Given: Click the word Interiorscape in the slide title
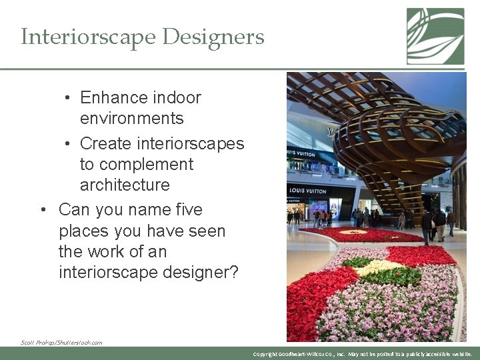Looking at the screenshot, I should click(x=83, y=37).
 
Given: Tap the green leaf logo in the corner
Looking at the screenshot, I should click(x=435, y=36).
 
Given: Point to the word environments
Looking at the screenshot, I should click(x=131, y=118).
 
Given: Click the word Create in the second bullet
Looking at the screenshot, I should click(x=106, y=143).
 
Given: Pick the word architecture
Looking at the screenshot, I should click(x=125, y=185).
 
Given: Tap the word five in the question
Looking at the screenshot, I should click(x=186, y=210).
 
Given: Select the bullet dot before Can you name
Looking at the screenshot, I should click(x=43, y=210).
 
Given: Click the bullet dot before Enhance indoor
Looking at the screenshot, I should click(x=69, y=97).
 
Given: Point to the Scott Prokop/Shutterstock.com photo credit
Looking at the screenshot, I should click(x=61, y=342).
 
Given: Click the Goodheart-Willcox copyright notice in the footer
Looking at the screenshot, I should click(x=363, y=354).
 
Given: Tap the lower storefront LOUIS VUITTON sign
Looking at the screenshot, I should click(x=308, y=191).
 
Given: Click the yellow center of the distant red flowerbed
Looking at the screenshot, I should click(x=353, y=233).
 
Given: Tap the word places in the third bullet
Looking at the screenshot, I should click(x=83, y=231).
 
